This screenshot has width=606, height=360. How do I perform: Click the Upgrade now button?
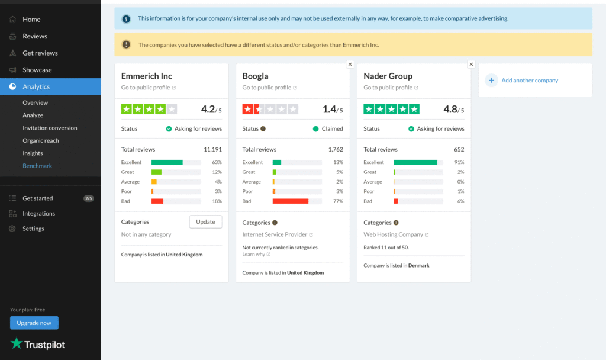tap(34, 323)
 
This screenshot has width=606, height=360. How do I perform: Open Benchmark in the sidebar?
tap(37, 166)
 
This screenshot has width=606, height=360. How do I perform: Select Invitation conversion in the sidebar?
tap(50, 128)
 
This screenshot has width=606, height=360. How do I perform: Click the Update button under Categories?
tap(205, 221)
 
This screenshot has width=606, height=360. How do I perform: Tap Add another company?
tap(529, 81)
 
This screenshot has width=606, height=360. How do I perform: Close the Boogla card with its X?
tap(350, 64)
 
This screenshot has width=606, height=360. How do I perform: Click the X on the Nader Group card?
tap(471, 64)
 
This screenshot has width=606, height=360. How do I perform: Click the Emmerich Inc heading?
tap(146, 76)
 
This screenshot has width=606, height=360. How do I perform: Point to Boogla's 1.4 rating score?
tap(330, 110)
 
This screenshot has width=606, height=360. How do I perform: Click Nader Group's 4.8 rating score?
tap(450, 110)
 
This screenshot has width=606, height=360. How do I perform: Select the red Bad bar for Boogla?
tap(290, 201)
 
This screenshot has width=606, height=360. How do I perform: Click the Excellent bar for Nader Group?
tap(415, 162)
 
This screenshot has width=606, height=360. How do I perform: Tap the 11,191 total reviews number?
tap(212, 149)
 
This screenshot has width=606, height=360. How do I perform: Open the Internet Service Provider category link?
tap(275, 234)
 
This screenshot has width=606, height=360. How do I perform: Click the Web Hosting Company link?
tap(393, 234)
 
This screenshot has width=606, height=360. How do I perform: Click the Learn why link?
tap(253, 254)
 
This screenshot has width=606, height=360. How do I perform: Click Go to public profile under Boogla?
tap(266, 88)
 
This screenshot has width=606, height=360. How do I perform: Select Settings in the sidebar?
tap(33, 229)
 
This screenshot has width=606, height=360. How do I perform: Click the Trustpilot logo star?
tap(17, 343)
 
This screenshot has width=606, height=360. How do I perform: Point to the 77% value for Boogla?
tap(338, 201)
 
